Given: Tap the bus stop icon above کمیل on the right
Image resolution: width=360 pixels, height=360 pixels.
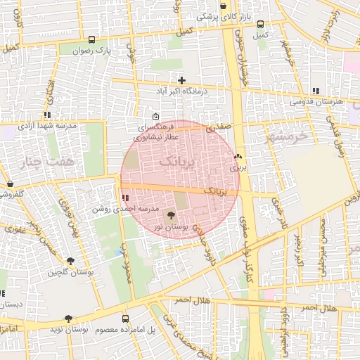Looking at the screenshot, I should tap(260, 23).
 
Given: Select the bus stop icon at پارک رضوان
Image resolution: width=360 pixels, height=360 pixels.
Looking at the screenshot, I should tap(92, 39).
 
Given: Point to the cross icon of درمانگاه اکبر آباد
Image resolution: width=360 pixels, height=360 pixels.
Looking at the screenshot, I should tap(182, 79).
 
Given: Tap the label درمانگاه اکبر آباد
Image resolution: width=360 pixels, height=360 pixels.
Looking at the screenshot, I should tap(182, 91).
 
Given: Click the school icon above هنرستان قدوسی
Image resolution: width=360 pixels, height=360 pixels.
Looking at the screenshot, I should tap(316, 91).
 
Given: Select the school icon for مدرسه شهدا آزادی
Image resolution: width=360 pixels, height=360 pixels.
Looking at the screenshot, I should tap(47, 115).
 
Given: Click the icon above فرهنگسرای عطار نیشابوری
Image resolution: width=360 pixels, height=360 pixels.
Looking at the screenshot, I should tap(155, 116).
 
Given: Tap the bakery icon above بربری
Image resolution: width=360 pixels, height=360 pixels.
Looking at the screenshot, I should tap(238, 157).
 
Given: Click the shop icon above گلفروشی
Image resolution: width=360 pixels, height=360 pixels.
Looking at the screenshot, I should tap(10, 184).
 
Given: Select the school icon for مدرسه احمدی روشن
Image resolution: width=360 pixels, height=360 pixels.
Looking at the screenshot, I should tap(125, 198).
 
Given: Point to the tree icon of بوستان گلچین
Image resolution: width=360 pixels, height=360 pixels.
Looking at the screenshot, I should tap(70, 261).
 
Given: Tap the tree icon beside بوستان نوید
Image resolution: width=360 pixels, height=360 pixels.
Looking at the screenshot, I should tap(68, 319).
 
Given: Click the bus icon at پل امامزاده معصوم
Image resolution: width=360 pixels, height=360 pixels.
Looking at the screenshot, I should tap(125, 319).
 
